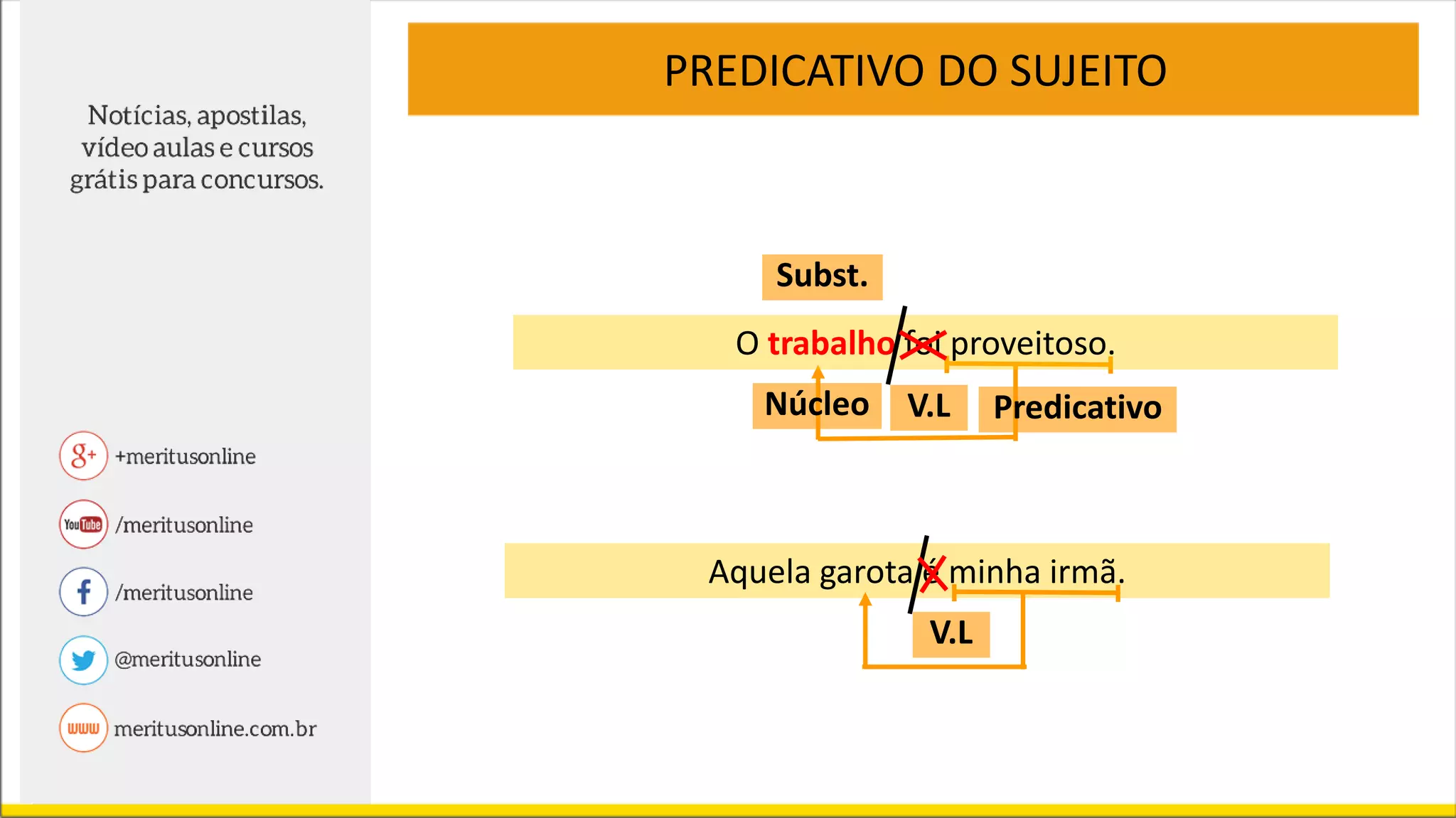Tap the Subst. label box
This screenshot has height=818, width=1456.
(x=822, y=276)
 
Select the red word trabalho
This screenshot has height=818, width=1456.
(x=830, y=344)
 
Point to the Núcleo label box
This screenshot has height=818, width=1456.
(x=816, y=405)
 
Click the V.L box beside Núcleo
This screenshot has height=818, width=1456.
(x=928, y=407)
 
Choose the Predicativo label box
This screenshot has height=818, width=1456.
(x=1077, y=409)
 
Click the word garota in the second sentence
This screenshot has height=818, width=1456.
(x=865, y=572)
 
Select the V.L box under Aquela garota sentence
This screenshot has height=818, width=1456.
(x=951, y=633)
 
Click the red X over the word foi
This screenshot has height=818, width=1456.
(x=923, y=345)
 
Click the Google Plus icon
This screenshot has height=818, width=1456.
(x=83, y=456)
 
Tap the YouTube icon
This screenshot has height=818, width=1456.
(x=83, y=524)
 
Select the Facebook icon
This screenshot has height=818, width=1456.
(x=83, y=591)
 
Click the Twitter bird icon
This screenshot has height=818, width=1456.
(x=83, y=660)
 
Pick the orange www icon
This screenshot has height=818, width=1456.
(x=83, y=728)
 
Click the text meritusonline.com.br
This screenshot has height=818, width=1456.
(x=215, y=728)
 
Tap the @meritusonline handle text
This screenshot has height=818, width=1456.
(x=188, y=660)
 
